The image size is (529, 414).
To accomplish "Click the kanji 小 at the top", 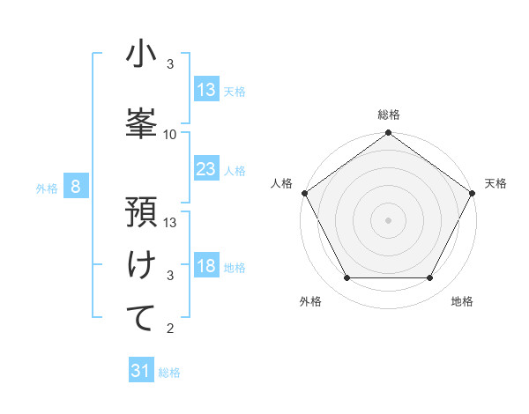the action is (141, 55).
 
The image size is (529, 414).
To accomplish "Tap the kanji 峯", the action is (141, 122).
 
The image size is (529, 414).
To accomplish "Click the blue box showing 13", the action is (206, 90).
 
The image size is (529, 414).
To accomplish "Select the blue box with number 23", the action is (206, 169).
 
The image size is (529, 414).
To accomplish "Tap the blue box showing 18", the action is (206, 267).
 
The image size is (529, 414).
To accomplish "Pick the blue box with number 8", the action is (77, 187).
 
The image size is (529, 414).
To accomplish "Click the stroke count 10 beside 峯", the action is (170, 135).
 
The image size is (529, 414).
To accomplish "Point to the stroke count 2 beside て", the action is (170, 329).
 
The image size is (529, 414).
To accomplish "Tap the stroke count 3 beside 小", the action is (170, 64).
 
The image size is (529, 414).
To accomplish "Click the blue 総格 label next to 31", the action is (169, 373).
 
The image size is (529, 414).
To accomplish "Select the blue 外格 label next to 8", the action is (47, 188).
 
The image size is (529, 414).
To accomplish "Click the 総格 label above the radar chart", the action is (389, 115).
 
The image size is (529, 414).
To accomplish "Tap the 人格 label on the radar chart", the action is (282, 183).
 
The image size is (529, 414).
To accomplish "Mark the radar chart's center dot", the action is (389, 219).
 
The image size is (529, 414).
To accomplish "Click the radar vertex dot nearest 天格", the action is (473, 192).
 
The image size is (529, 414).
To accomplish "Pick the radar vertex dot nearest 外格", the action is (346, 278).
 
